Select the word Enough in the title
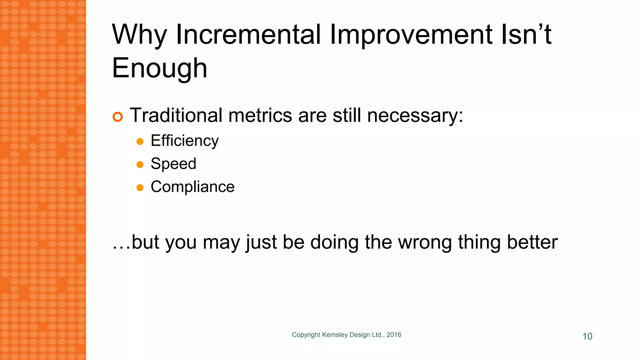click(x=159, y=68)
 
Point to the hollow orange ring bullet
click(x=118, y=117)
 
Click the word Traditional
click(x=176, y=115)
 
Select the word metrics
click(x=260, y=115)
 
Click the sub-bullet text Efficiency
click(x=184, y=141)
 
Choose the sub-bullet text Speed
click(x=173, y=164)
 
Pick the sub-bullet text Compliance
click(x=192, y=187)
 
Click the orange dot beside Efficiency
click(x=140, y=142)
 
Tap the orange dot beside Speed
click(x=140, y=165)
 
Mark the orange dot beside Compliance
click(x=140, y=187)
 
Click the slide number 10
click(x=587, y=336)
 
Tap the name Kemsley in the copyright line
click(x=335, y=335)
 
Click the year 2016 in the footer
click(x=394, y=335)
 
